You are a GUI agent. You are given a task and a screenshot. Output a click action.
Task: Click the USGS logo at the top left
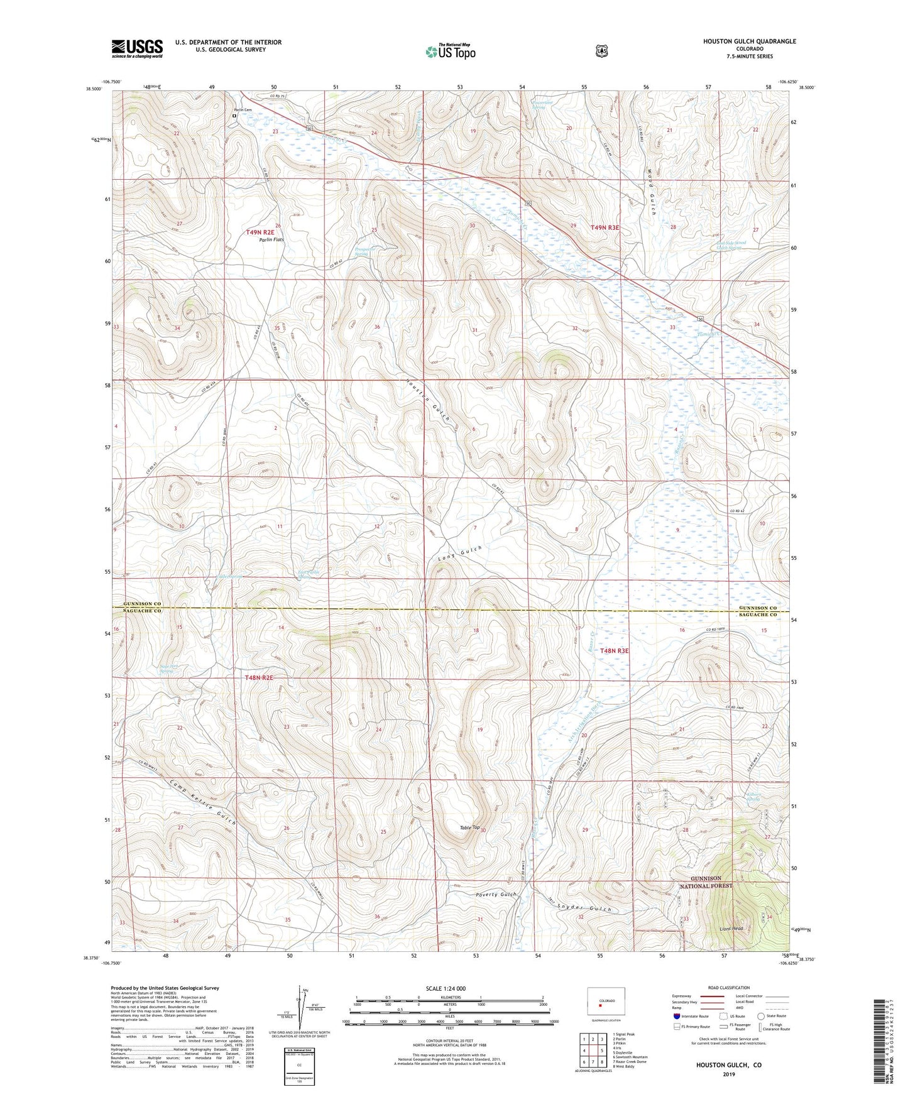pyautogui.click(x=137, y=48)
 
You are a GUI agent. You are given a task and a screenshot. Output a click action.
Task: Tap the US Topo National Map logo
pyautogui.click(x=450, y=51)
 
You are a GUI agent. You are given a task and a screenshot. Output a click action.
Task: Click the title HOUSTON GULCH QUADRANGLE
pyautogui.click(x=749, y=41)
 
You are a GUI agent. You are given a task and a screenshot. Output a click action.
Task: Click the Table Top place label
pyautogui.click(x=470, y=828)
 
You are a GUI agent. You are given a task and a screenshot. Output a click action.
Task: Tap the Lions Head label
pyautogui.click(x=732, y=928)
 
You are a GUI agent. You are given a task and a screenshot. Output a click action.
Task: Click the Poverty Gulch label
pyautogui.click(x=496, y=894)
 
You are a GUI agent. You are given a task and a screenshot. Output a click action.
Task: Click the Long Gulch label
pyautogui.click(x=460, y=553)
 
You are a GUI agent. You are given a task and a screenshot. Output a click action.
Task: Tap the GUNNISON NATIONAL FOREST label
pyautogui.click(x=706, y=882)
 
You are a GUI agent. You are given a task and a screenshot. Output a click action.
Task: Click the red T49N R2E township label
pyautogui.click(x=260, y=232)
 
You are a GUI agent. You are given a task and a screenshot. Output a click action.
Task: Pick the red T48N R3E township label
pyautogui.click(x=614, y=651)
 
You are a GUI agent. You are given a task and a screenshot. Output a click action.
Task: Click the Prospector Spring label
pyautogui.click(x=364, y=251)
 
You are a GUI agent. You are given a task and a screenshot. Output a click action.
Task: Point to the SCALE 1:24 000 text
pyautogui.click(x=446, y=988)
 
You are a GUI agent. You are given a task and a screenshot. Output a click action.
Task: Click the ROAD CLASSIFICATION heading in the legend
pyautogui.click(x=728, y=988)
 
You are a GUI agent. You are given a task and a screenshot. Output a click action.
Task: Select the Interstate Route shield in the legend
pyautogui.click(x=676, y=1016)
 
